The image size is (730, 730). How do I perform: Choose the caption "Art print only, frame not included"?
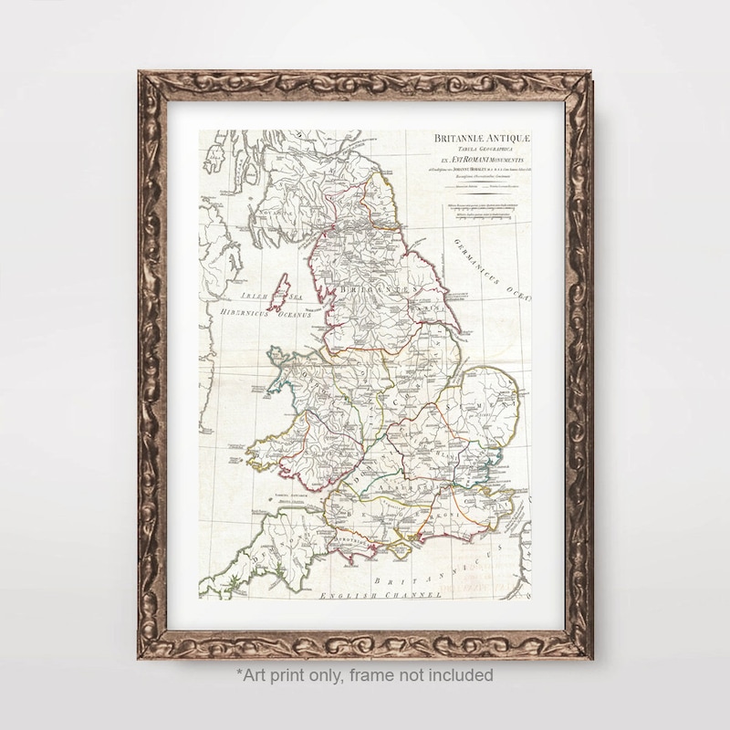click(x=365, y=675)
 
